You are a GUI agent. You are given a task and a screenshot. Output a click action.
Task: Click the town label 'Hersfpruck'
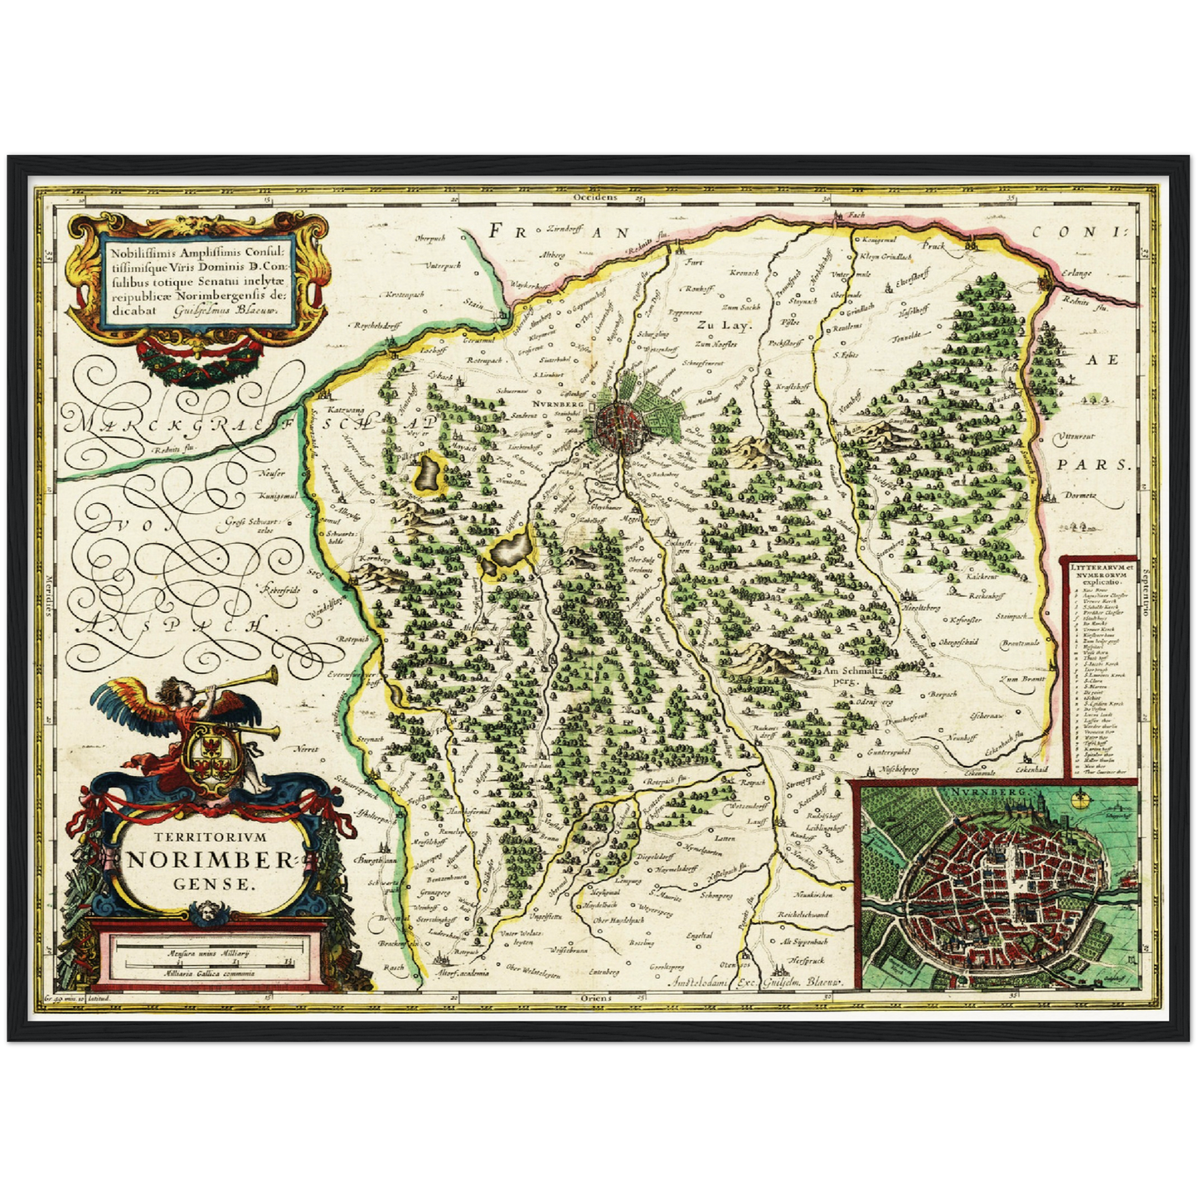tap(805, 958)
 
